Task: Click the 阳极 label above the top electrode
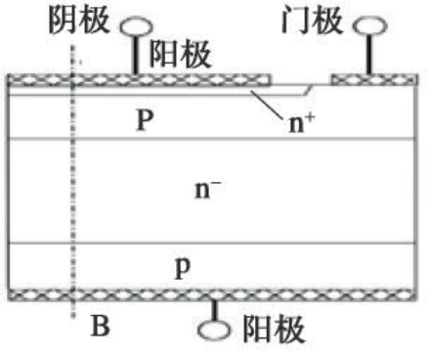coord(181,56)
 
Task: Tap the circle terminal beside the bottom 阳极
coord(212,330)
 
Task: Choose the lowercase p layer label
coord(180,266)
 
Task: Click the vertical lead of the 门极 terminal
coord(368,54)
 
